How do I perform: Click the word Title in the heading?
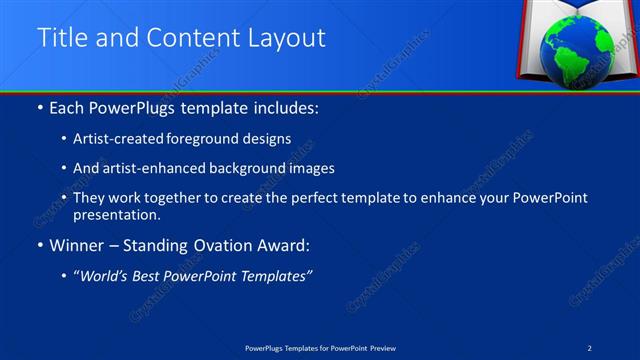(x=59, y=38)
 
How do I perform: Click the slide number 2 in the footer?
(x=591, y=347)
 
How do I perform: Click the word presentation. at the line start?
(x=116, y=215)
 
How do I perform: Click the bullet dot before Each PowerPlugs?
(x=39, y=106)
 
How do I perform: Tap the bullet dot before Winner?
(x=39, y=245)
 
